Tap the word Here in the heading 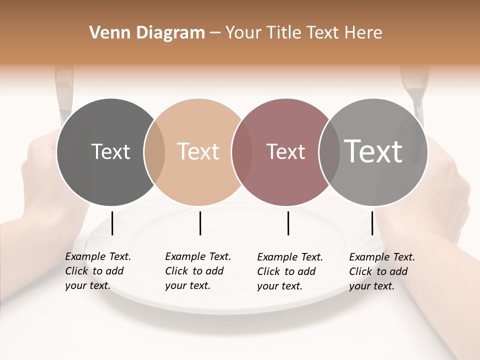click(363, 33)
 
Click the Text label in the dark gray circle click(110, 151)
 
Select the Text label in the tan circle click(198, 151)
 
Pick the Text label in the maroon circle click(285, 151)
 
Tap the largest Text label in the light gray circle click(373, 151)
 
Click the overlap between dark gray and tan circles click(154, 152)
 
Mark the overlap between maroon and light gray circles click(329, 152)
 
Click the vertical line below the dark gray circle click(112, 223)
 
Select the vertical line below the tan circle click(200, 223)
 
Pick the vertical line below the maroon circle click(288, 223)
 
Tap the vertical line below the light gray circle click(372, 223)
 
